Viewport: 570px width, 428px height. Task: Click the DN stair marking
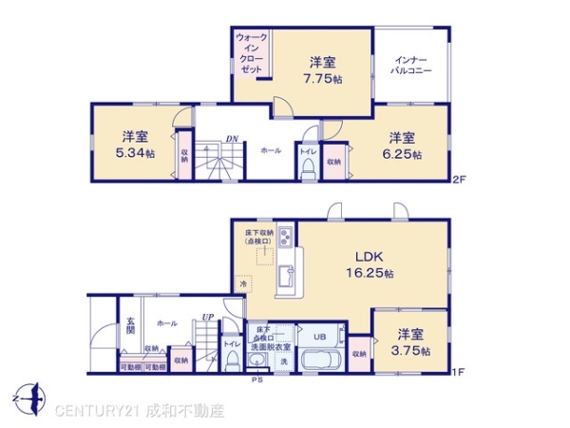[x=232, y=139]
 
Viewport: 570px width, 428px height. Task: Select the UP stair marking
[x=206, y=317]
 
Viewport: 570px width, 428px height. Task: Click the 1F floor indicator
[x=457, y=372]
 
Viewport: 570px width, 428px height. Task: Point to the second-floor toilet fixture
[x=307, y=167]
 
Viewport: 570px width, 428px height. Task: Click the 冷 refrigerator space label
[x=244, y=284]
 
